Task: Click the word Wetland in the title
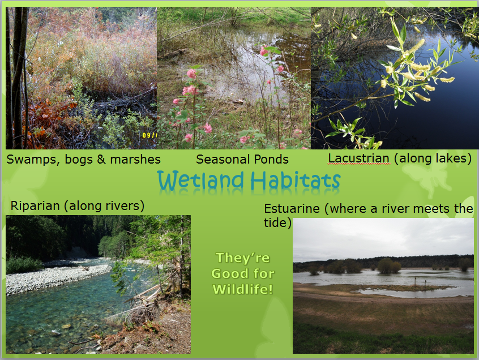click(x=200, y=180)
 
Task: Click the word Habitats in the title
click(x=296, y=180)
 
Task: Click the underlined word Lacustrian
click(x=358, y=158)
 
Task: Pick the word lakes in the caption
click(x=451, y=158)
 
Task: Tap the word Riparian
click(x=35, y=206)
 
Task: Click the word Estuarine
click(x=292, y=208)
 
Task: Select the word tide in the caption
click(x=275, y=222)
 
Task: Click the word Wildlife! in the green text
click(x=243, y=289)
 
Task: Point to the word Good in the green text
click(x=227, y=273)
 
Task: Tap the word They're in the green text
click(x=243, y=258)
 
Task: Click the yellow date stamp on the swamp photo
click(x=149, y=135)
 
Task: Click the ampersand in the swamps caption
click(x=101, y=160)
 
